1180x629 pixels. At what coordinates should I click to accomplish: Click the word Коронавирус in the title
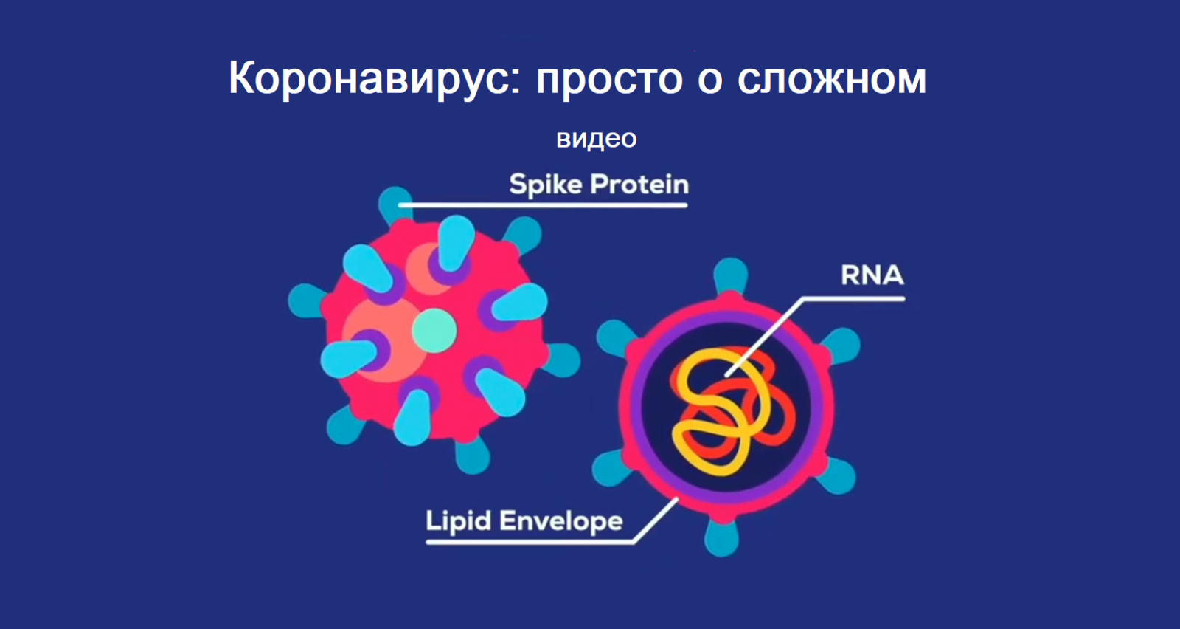point(374,79)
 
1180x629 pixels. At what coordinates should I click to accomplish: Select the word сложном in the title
point(831,80)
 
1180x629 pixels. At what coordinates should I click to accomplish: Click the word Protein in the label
point(639,185)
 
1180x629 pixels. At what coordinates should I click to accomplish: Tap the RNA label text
point(872,275)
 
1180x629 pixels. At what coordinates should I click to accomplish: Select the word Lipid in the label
point(457,521)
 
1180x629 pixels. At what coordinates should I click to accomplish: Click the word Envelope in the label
point(560,521)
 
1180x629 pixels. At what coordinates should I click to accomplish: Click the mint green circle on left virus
point(434,331)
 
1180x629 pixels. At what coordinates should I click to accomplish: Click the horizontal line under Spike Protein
point(543,205)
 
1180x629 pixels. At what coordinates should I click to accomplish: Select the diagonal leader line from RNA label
point(764,337)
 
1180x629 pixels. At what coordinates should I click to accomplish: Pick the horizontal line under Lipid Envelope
point(530,541)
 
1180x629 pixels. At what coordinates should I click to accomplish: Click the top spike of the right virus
point(731,275)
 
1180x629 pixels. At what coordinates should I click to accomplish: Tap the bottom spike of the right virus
point(722,537)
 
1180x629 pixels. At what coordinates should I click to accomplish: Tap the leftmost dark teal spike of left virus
point(305,301)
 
